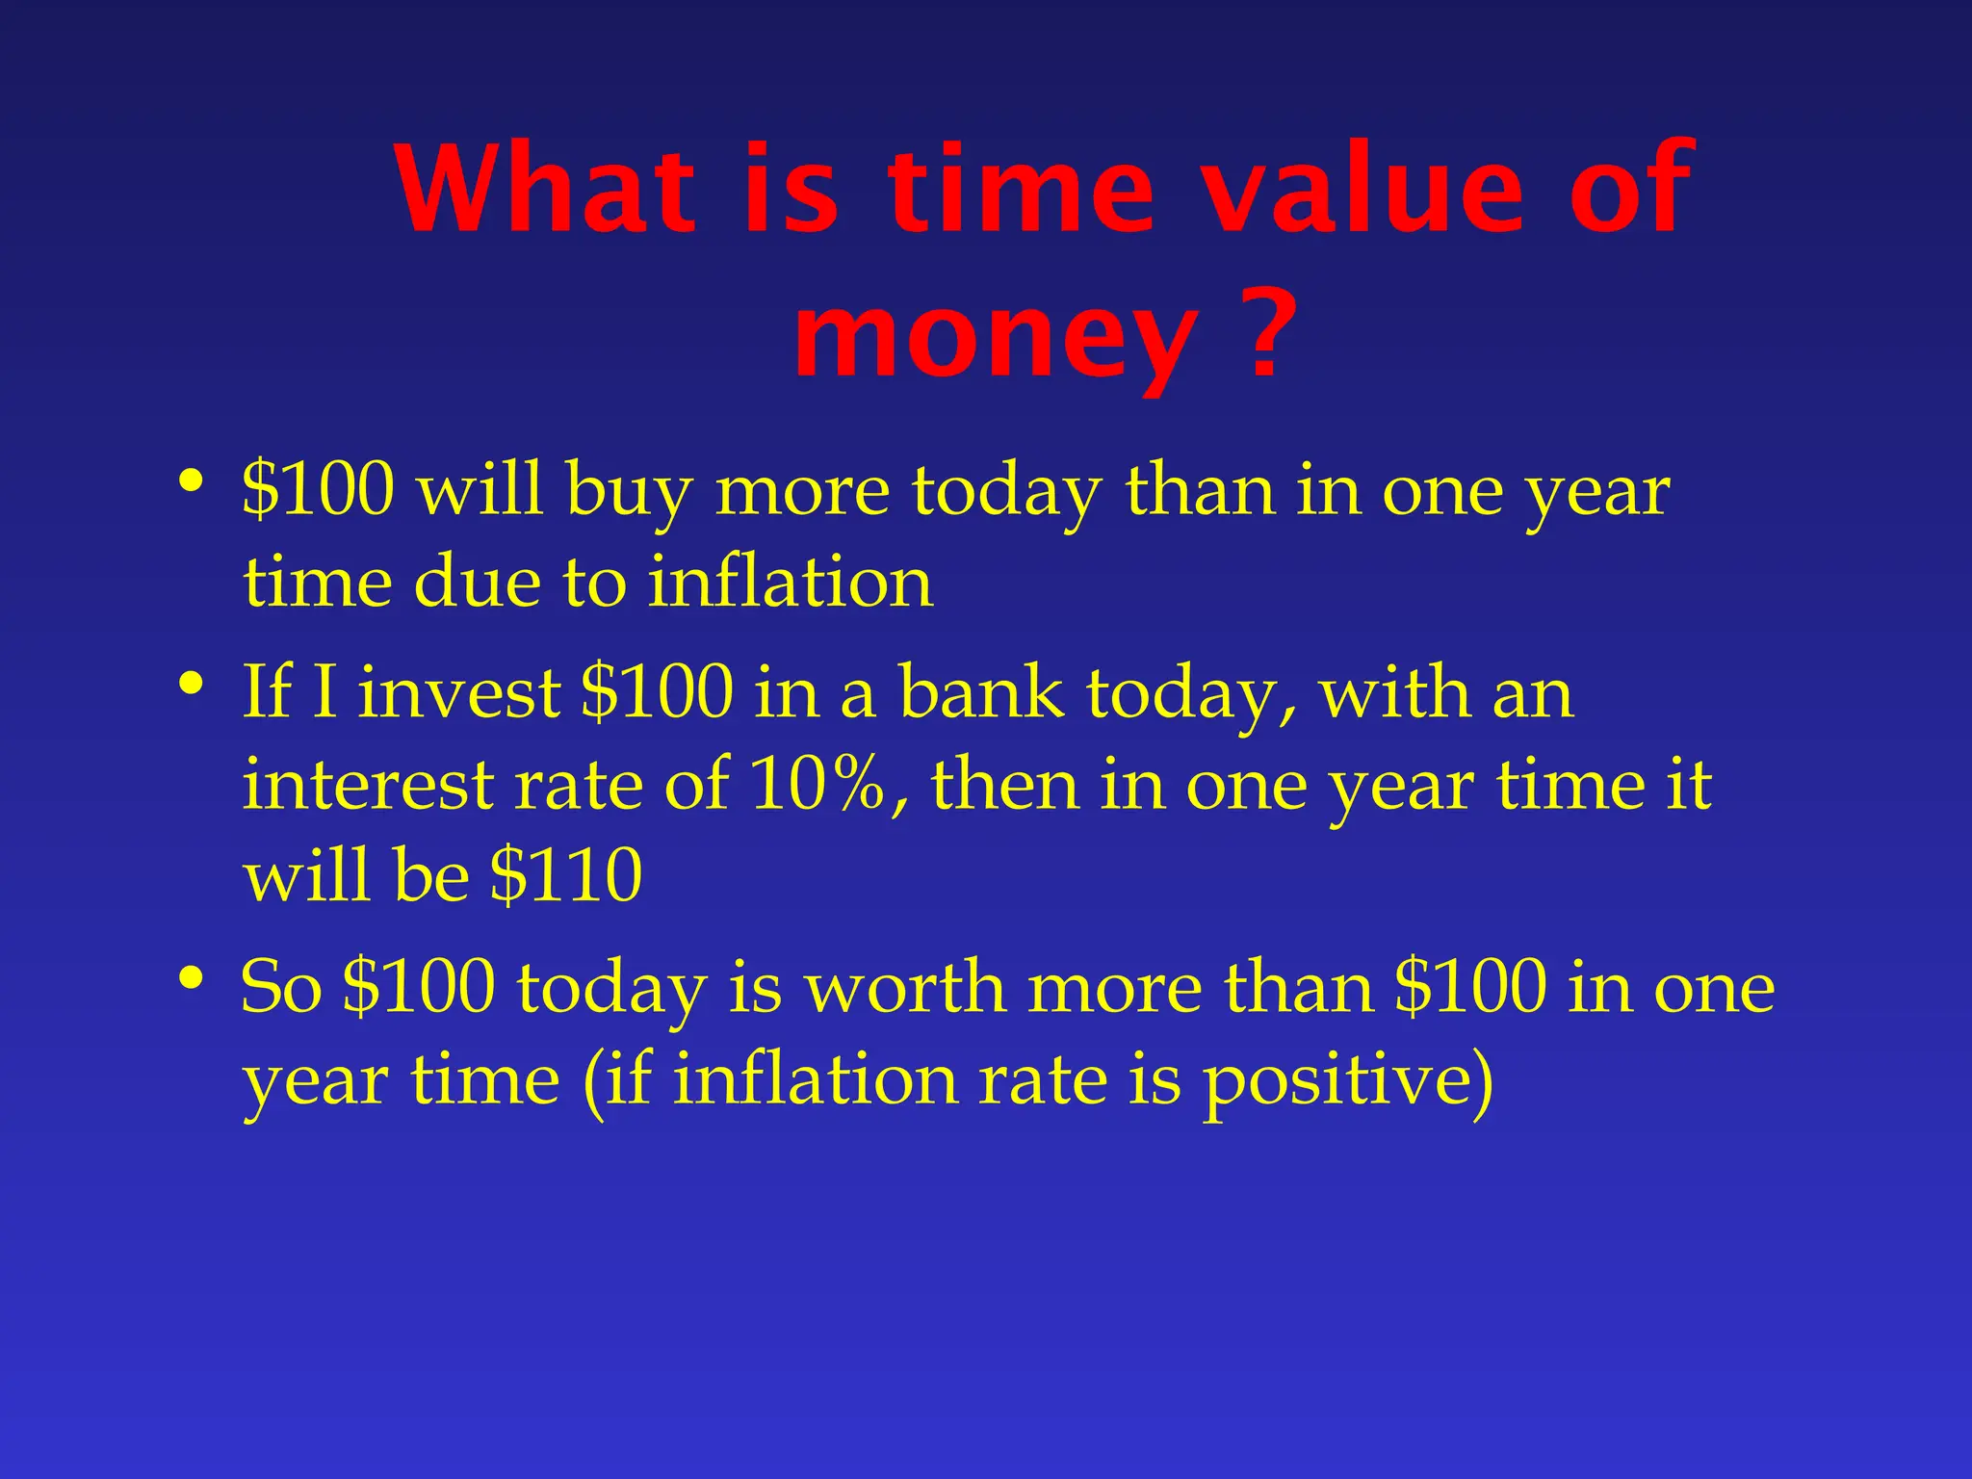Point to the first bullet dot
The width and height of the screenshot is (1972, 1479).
click(x=191, y=479)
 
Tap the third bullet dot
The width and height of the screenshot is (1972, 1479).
click(x=191, y=978)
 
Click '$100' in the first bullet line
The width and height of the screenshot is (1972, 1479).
click(x=318, y=489)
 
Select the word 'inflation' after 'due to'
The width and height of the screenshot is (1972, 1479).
click(x=790, y=583)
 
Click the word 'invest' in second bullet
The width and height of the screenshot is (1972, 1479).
click(x=459, y=693)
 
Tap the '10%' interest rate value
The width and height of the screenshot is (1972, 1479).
click(x=817, y=785)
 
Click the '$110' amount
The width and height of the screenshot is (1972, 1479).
click(x=565, y=876)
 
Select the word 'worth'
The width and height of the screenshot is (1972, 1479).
click(x=905, y=989)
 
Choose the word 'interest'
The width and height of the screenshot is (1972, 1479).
click(x=367, y=785)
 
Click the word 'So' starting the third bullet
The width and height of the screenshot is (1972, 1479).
click(x=280, y=989)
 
